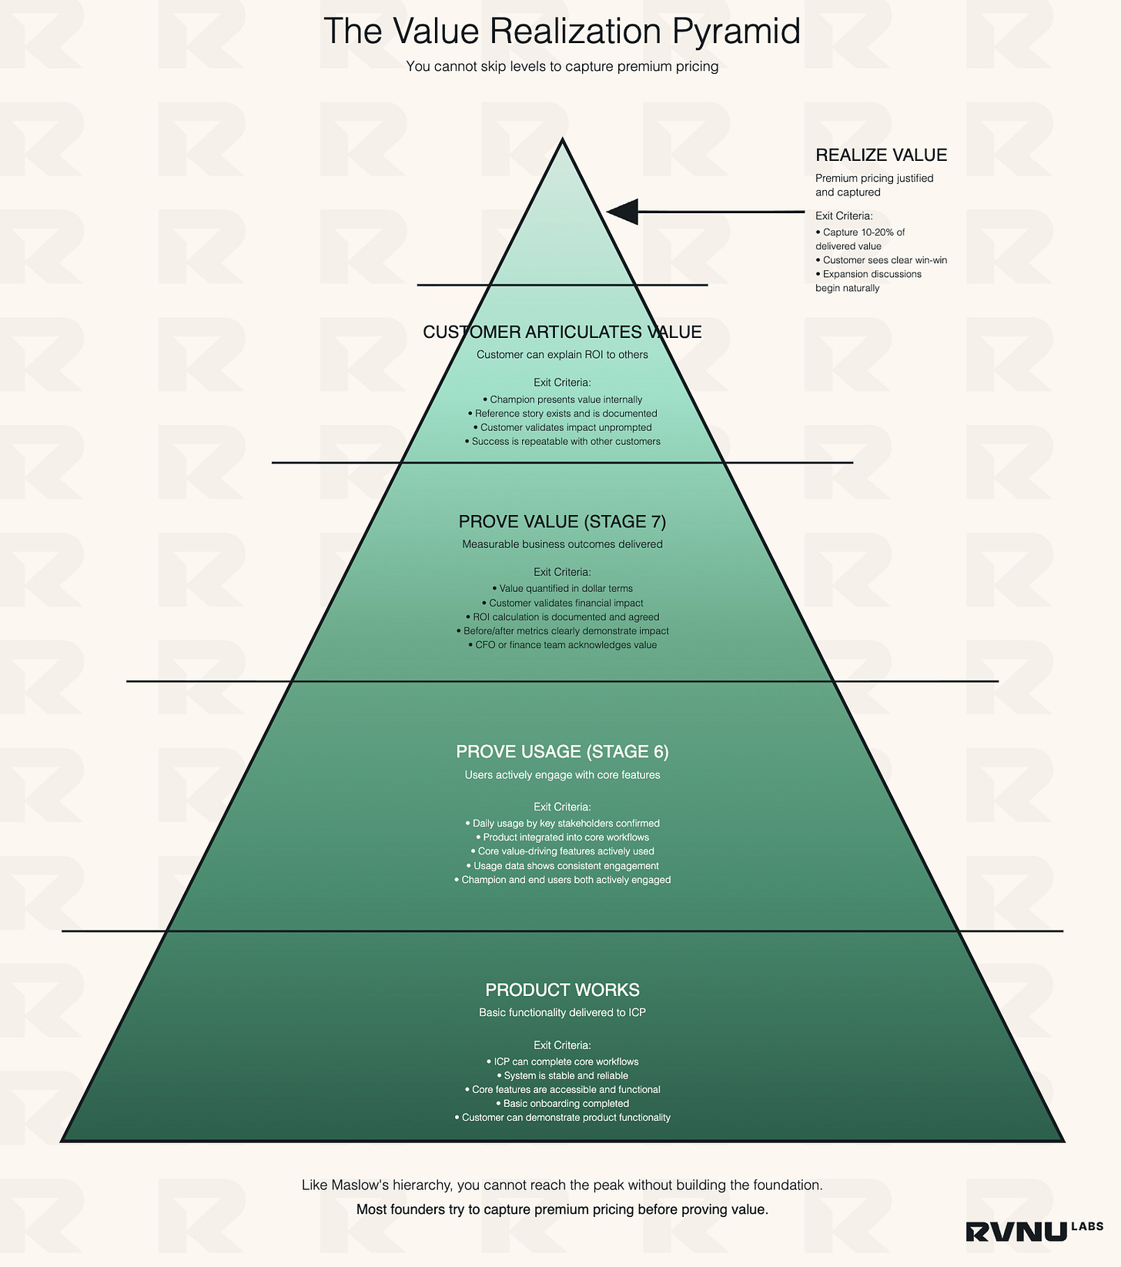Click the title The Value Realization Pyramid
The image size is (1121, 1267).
point(561,32)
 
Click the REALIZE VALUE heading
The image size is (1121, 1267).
point(881,155)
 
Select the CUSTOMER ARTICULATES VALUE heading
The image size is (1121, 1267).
point(562,333)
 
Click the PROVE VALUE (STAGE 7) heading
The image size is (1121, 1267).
point(562,522)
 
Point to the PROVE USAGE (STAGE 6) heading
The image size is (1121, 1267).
point(562,752)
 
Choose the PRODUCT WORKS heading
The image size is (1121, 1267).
point(562,990)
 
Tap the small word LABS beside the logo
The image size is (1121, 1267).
point(1086,1226)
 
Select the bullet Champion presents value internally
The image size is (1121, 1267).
point(563,399)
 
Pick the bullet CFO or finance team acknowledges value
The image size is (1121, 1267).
point(563,645)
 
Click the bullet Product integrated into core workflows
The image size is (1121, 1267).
point(563,837)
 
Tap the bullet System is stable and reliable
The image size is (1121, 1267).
point(563,1075)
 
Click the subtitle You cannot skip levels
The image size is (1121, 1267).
point(562,67)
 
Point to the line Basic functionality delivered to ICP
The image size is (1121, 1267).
point(562,1013)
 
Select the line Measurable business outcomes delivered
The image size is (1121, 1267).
point(562,545)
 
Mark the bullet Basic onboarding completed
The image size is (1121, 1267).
point(563,1104)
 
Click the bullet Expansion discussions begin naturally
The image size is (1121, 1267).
point(868,281)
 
